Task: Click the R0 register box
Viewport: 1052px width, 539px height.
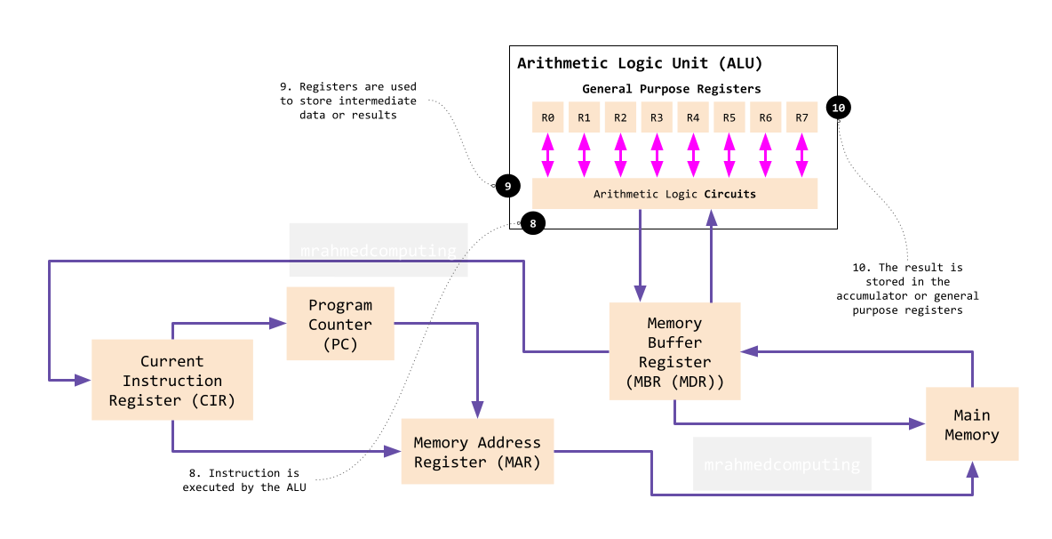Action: pos(547,117)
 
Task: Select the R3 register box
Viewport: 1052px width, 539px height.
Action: pos(657,117)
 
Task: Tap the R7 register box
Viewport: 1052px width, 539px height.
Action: pos(801,117)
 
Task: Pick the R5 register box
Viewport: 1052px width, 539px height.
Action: pos(729,117)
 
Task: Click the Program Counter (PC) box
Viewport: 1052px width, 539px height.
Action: pos(340,324)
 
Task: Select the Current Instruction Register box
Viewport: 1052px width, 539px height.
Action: pos(172,380)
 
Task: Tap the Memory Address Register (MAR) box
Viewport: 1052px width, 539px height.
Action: pos(478,451)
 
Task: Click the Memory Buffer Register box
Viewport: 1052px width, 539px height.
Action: pos(675,351)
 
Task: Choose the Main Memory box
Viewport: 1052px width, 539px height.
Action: pos(972,423)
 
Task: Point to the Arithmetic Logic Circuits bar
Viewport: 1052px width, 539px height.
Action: pos(675,193)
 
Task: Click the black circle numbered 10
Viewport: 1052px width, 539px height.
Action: pos(839,108)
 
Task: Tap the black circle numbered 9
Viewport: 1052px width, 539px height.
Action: pos(508,186)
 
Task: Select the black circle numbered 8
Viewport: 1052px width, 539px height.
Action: pos(533,223)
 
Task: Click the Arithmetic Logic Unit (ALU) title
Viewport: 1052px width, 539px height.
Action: pos(640,64)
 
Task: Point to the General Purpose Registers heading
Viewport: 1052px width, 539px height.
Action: pos(672,89)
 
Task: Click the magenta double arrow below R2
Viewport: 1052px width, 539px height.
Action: pos(620,156)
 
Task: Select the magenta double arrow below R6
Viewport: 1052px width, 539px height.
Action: pos(766,156)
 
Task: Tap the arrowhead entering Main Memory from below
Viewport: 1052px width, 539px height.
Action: pos(972,470)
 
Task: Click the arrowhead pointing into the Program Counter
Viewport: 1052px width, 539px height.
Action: pos(278,324)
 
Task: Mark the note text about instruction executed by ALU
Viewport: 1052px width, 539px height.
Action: pos(244,480)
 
